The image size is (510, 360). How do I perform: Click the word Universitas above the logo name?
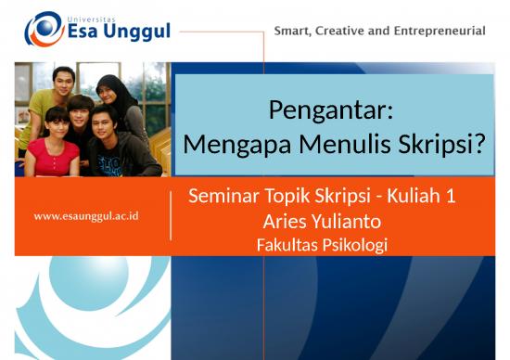[96, 16]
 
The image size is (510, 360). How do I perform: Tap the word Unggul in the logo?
[135, 33]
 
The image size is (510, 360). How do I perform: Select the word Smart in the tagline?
[293, 31]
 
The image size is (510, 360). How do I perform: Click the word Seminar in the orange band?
[221, 197]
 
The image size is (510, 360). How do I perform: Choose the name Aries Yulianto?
[321, 222]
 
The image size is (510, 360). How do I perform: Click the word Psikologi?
[353, 245]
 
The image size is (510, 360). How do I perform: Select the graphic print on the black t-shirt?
[110, 164]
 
